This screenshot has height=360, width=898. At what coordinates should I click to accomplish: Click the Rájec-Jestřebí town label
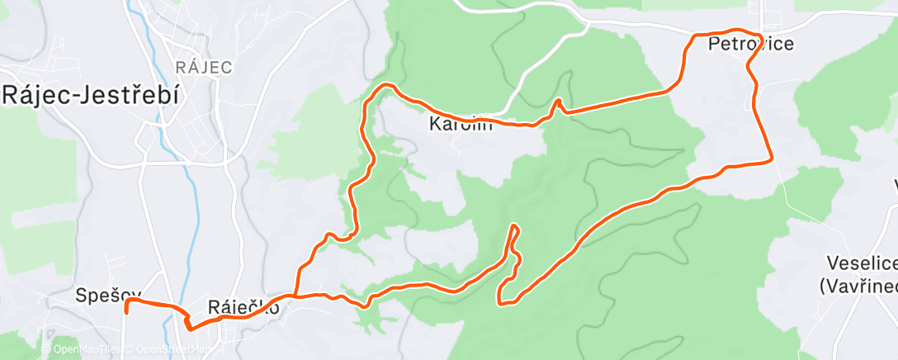90,94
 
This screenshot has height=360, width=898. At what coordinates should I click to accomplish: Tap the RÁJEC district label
204,67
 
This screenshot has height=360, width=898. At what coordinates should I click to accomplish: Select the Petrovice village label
751,45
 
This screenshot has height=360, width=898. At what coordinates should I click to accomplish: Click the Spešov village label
108,294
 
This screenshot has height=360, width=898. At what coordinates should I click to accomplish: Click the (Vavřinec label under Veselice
858,286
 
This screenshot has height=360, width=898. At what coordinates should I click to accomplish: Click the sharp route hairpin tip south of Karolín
515,226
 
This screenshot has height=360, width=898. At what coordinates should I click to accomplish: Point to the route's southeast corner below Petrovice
770,160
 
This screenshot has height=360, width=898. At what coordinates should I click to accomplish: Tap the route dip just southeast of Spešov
191,326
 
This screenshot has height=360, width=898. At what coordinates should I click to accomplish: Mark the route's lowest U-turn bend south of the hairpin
500,301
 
